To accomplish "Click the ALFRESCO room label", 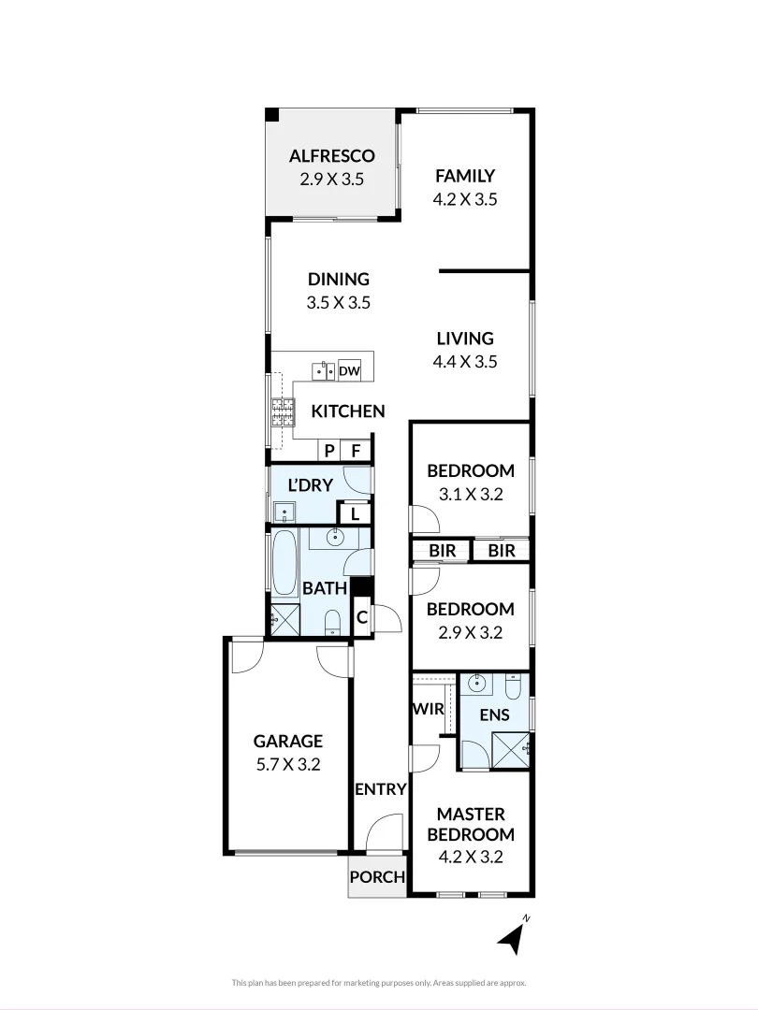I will tap(331, 155).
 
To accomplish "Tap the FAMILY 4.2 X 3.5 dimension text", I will tap(464, 198).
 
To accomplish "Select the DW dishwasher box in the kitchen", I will tap(349, 371).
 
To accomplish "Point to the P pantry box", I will tap(329, 451).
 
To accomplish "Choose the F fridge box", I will tap(356, 451).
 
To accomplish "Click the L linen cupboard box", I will tap(355, 513).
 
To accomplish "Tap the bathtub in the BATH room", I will tap(284, 562).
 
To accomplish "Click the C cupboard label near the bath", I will tap(361, 618).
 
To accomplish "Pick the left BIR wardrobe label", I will tap(443, 551).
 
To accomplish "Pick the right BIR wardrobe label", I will tap(502, 551).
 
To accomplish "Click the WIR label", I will tap(428, 709).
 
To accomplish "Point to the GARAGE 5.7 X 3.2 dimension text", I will tap(288, 763).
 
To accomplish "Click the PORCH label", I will tap(378, 877).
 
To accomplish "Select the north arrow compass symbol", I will tap(510, 937).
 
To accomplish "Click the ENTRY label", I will tap(380, 789).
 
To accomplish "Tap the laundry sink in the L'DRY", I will tap(284, 512).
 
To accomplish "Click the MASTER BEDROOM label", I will tap(471, 824).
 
